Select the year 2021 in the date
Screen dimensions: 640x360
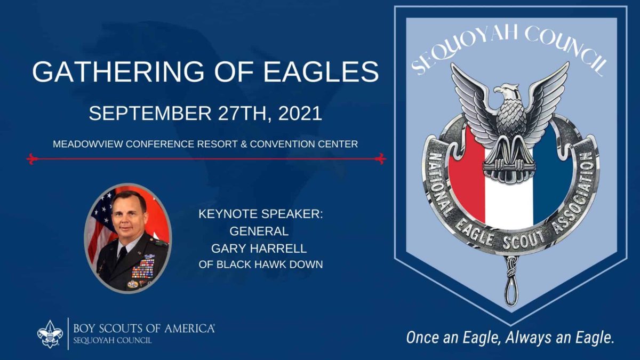(300, 114)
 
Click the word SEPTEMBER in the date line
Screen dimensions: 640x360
(150, 114)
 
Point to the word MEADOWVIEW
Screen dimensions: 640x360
(88, 144)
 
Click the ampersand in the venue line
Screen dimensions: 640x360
(244, 144)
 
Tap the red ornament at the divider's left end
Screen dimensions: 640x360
(32, 158)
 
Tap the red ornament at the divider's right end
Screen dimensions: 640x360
(380, 158)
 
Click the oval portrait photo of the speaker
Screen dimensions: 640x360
(127, 238)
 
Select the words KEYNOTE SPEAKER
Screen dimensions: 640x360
(260, 214)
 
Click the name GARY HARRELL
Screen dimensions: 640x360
(259, 249)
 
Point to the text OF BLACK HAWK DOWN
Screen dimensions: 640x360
(261, 265)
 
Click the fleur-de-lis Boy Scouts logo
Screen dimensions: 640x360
(50, 334)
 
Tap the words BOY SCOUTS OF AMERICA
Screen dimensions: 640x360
(144, 329)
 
